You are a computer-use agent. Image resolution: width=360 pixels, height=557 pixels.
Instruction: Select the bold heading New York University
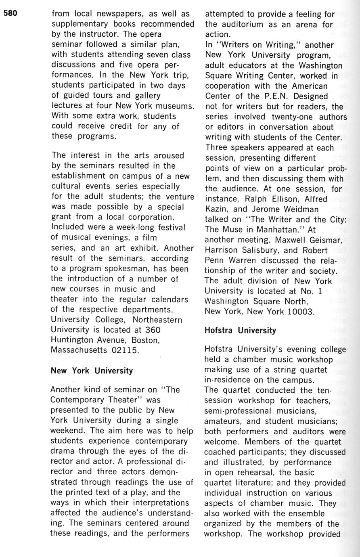[92, 371]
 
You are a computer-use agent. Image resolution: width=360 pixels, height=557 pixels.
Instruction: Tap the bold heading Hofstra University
[241, 330]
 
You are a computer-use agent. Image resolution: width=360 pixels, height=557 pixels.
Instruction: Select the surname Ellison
[277, 199]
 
